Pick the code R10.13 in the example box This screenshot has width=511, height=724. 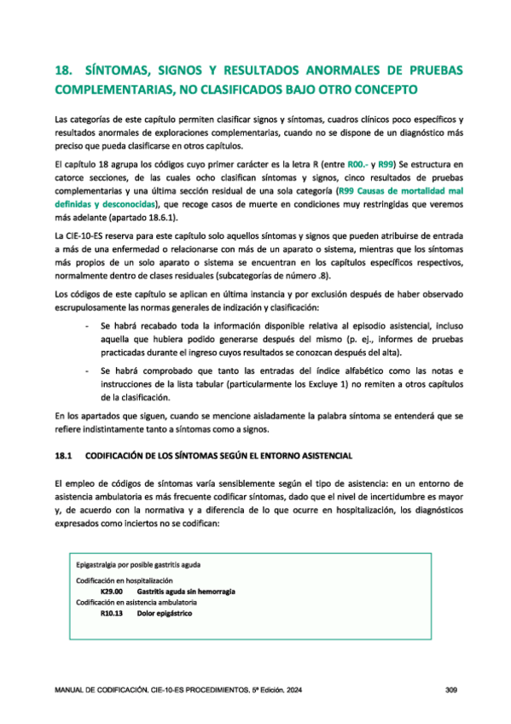point(111,613)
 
